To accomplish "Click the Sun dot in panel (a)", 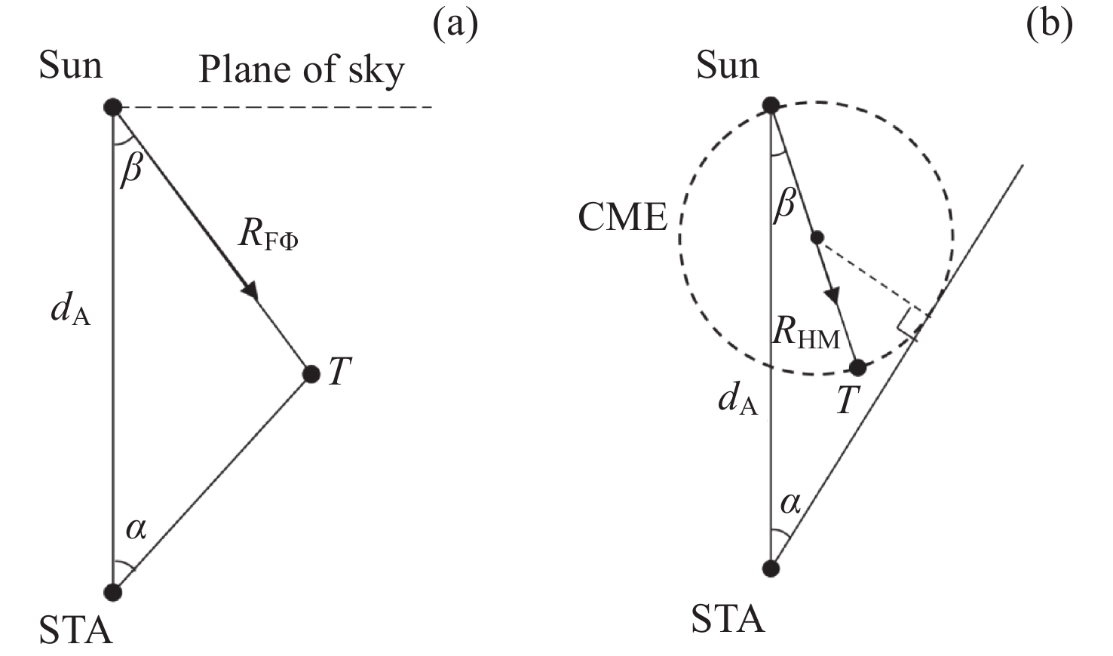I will coord(112,107).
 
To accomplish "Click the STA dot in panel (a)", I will coord(112,592).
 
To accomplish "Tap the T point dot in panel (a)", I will coord(311,373).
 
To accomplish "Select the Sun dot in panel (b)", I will coord(771,105).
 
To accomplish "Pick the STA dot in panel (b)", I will coord(771,567).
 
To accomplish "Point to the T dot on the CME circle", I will coord(857,368).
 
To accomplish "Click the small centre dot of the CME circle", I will coord(817,238).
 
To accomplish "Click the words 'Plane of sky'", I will coord(301,70).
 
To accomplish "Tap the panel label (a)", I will coord(455,24).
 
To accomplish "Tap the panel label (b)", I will coord(1049,24).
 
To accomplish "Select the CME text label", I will coord(622,218).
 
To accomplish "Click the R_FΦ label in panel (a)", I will coord(268,235).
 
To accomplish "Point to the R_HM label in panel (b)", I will coord(805,334).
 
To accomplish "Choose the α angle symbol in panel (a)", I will coord(136,529).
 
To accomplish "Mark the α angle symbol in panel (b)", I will coord(790,502).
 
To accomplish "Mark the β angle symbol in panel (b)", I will coord(784,202).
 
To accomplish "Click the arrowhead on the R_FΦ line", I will coord(250,290).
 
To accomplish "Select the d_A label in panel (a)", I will coord(70,310).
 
